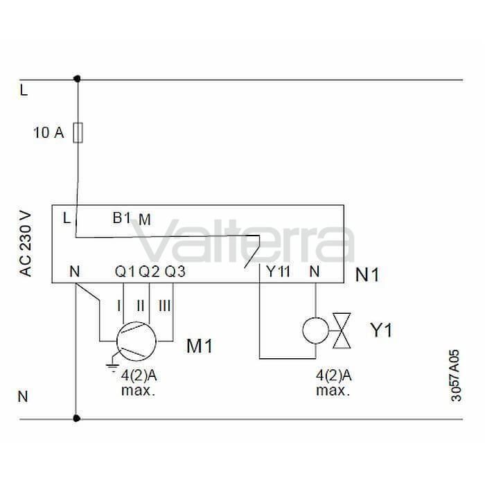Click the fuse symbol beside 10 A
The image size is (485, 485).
(78, 133)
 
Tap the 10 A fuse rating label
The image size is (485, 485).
(48, 133)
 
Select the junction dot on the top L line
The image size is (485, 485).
(78, 79)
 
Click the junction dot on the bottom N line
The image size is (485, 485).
(76, 418)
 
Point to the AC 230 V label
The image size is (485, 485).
(26, 244)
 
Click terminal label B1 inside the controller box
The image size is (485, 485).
(121, 218)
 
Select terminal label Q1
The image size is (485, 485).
(125, 272)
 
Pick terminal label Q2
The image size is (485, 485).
(149, 272)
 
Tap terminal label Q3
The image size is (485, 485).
(175, 272)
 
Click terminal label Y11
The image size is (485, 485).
(279, 272)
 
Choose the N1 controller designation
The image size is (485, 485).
(367, 274)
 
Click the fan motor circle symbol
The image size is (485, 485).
(136, 342)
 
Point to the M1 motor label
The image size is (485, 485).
(200, 346)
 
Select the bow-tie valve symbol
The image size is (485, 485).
(342, 330)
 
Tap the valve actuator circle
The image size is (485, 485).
(315, 330)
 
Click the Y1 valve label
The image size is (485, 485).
(381, 330)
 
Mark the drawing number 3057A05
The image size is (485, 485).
(456, 376)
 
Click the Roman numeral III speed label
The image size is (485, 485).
(165, 306)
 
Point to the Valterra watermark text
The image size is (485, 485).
(242, 240)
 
